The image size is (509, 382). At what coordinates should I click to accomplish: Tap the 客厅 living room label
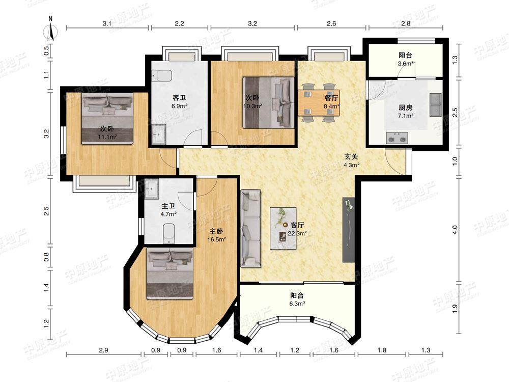(x=297, y=225)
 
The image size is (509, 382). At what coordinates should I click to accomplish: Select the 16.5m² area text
(x=217, y=239)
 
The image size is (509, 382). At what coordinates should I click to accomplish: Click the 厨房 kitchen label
(x=406, y=107)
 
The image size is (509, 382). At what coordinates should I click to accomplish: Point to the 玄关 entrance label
(x=351, y=156)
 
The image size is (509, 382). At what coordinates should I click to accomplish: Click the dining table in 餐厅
(x=319, y=103)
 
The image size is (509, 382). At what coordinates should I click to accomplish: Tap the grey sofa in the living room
(x=250, y=229)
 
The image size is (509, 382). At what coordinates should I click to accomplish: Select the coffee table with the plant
(x=283, y=228)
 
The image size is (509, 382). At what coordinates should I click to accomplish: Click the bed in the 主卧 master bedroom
(x=170, y=273)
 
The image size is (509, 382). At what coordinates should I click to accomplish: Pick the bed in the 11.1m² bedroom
(x=107, y=119)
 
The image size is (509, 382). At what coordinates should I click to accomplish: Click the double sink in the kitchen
(x=435, y=105)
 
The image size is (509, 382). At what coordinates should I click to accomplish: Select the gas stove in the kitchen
(x=397, y=138)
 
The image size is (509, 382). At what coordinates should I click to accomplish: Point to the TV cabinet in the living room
(x=348, y=230)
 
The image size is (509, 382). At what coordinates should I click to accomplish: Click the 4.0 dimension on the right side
(x=455, y=230)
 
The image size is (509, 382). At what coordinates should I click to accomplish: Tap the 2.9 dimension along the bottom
(x=103, y=350)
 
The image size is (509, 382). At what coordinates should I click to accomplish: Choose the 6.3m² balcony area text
(x=297, y=304)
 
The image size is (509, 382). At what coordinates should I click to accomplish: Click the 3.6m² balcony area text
(x=406, y=64)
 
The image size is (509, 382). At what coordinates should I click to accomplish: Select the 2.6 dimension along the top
(x=331, y=23)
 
